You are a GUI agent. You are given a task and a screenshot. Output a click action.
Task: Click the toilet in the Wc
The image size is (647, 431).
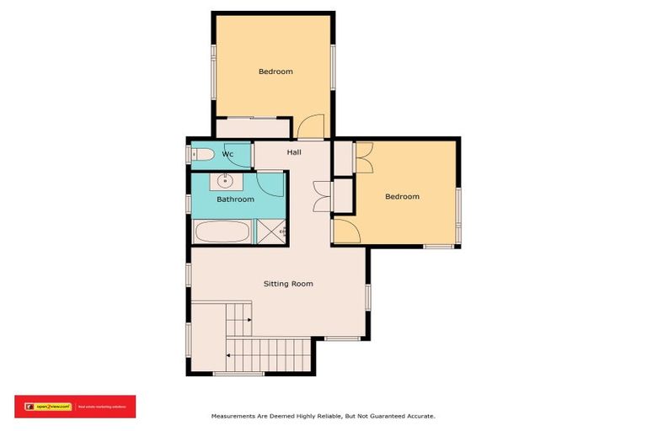201,155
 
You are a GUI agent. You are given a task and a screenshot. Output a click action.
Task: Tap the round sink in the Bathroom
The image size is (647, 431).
226,180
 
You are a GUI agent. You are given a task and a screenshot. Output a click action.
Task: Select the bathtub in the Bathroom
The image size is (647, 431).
222,231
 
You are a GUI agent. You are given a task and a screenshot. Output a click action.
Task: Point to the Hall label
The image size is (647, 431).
294,152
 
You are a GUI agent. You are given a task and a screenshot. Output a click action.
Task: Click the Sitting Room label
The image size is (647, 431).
289,284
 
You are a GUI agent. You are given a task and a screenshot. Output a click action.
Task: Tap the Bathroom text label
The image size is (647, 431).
235,200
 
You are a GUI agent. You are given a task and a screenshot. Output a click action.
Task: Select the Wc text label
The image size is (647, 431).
227,155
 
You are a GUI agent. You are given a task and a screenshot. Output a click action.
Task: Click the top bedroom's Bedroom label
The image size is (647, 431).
275,72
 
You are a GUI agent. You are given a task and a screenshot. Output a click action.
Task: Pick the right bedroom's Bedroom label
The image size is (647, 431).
402,196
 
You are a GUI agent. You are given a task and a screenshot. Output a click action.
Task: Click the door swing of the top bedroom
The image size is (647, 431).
311,127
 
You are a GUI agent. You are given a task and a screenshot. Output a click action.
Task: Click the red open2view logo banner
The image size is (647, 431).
75,407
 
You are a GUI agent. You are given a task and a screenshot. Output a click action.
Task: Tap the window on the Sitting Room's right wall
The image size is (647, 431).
368,296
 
